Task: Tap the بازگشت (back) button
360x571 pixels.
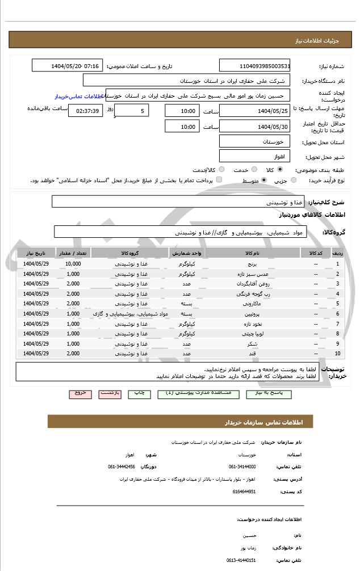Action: pos(110,393)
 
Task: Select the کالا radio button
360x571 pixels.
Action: pos(280,169)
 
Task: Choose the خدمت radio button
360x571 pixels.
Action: pos(253,169)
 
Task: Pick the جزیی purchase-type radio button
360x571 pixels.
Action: pos(293,180)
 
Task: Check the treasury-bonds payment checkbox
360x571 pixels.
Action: pos(219,180)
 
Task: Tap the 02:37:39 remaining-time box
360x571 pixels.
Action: pos(85,111)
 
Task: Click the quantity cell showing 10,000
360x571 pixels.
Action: pos(73,264)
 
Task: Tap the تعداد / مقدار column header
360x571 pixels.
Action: pos(73,253)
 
